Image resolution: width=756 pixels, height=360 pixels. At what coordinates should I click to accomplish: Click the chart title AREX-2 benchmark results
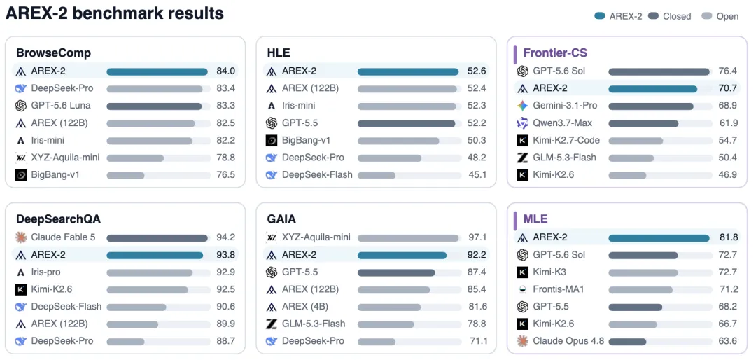point(115,13)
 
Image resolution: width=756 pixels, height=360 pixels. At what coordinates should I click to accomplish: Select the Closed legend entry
point(670,16)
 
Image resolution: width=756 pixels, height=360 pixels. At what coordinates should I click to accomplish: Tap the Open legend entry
point(720,16)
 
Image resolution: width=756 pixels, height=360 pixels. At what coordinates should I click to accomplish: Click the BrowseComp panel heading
point(53,53)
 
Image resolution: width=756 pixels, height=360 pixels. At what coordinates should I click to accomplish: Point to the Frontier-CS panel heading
point(555,53)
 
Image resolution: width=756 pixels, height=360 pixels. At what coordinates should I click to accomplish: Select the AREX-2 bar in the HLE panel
point(408,71)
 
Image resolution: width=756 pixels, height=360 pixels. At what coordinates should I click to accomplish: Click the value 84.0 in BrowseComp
point(225,71)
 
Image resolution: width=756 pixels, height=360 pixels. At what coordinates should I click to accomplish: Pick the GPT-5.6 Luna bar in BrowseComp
point(154,106)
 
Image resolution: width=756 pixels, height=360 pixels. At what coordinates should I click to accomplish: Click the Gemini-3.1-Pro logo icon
point(522,106)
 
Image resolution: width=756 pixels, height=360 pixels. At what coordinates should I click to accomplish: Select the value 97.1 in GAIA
point(477,237)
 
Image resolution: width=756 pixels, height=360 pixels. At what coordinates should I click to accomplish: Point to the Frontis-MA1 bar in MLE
point(640,289)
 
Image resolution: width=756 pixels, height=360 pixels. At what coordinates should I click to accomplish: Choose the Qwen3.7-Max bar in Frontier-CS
point(643,123)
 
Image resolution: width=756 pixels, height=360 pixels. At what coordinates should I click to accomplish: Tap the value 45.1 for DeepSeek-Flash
point(477,174)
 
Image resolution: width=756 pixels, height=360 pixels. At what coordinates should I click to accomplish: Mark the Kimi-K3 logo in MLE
point(522,272)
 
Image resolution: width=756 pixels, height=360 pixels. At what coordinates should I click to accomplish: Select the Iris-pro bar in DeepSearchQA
point(150,272)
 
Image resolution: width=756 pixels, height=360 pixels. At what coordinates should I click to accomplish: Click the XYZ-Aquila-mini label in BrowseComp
point(65,158)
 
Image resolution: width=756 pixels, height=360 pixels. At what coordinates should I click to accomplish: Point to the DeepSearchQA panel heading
point(58,219)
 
